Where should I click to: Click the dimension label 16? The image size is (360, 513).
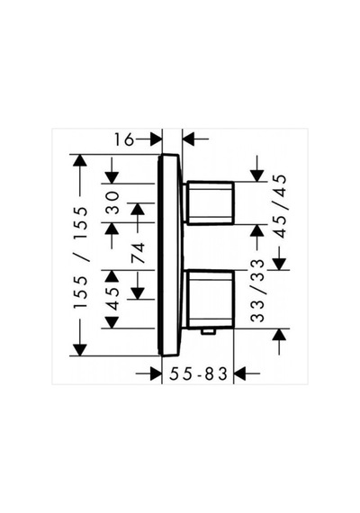pyautogui.click(x=123, y=139)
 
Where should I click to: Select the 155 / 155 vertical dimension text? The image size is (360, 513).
pyautogui.click(x=80, y=257)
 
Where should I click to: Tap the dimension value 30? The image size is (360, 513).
pyautogui.click(x=112, y=202)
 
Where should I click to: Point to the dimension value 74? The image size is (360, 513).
pyautogui.click(x=138, y=253)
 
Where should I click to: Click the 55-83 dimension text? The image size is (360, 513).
pyautogui.click(x=198, y=373)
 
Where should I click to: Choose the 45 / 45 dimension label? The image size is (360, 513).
pyautogui.click(x=281, y=206)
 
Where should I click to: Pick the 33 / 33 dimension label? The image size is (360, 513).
pyautogui.click(x=256, y=291)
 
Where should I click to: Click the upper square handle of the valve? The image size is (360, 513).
pyautogui.click(x=210, y=202)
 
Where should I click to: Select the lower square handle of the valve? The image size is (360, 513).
pyautogui.click(x=210, y=299)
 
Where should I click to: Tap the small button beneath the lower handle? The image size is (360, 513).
pyautogui.click(x=209, y=332)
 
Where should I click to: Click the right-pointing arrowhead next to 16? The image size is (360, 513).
pyautogui.click(x=156, y=139)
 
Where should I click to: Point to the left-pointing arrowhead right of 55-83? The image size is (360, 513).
pyautogui.click(x=240, y=373)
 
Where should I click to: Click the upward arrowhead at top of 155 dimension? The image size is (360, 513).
pyautogui.click(x=80, y=160)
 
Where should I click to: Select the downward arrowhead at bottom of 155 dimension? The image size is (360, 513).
pyautogui.click(x=80, y=350)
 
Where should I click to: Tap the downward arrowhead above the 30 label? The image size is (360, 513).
pyautogui.click(x=112, y=177)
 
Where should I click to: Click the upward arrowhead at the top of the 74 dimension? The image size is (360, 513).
pyautogui.click(x=138, y=209)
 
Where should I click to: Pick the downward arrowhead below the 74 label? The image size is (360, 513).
pyautogui.click(x=138, y=293)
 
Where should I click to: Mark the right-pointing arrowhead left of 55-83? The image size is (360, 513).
pyautogui.click(x=156, y=373)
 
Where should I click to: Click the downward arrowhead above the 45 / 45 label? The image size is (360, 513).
pyautogui.click(x=256, y=175)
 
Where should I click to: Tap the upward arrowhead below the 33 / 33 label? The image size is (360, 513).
pyautogui.click(x=279, y=335)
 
